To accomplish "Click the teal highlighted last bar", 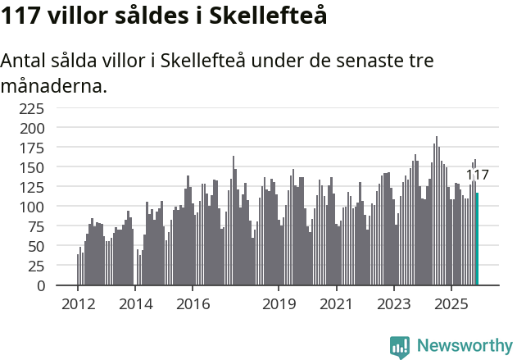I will (477, 239).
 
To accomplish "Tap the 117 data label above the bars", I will (477, 175).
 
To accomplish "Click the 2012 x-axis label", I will (78, 304).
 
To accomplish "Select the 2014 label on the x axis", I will (135, 304).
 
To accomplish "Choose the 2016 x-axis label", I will (193, 304).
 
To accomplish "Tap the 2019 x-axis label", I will (279, 304).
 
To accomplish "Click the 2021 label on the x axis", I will (336, 304).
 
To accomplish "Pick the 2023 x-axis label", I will (393, 304).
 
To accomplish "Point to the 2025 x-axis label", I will (451, 304).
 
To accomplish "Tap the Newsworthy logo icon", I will (400, 347).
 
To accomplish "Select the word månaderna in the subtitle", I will (54, 85).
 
